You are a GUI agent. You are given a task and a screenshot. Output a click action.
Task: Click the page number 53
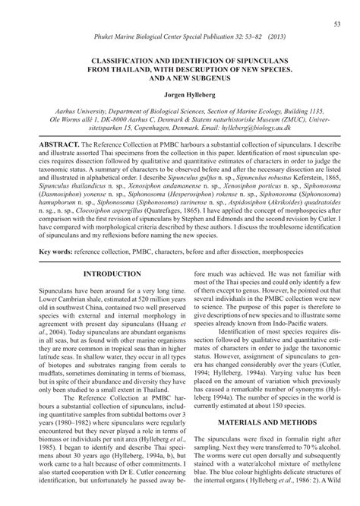pos(336,25)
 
